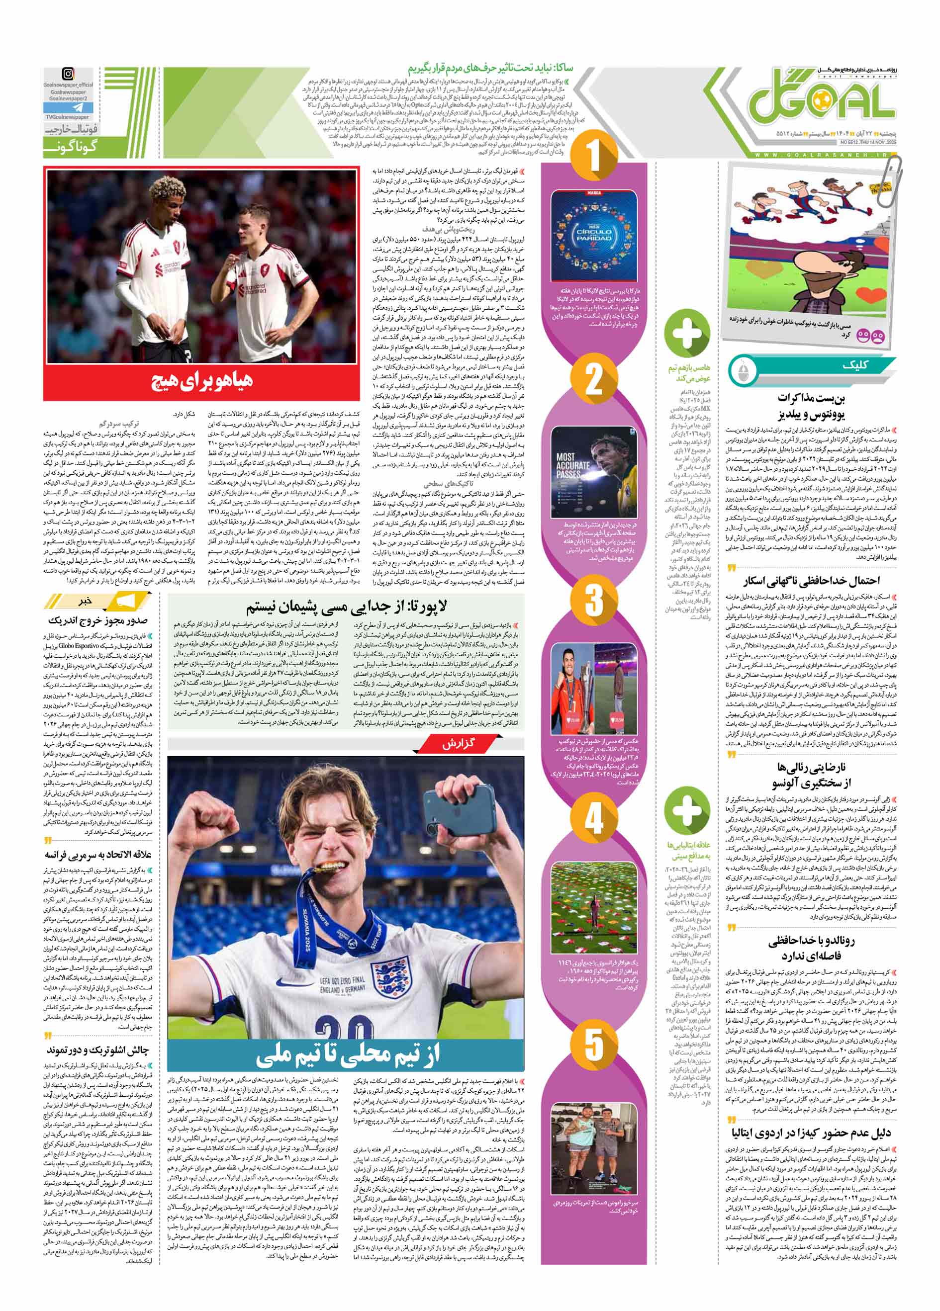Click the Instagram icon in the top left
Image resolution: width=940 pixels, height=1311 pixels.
(69, 74)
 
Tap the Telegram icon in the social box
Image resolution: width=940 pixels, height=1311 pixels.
(69, 108)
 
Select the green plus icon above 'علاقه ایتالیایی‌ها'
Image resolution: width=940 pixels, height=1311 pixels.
(687, 808)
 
